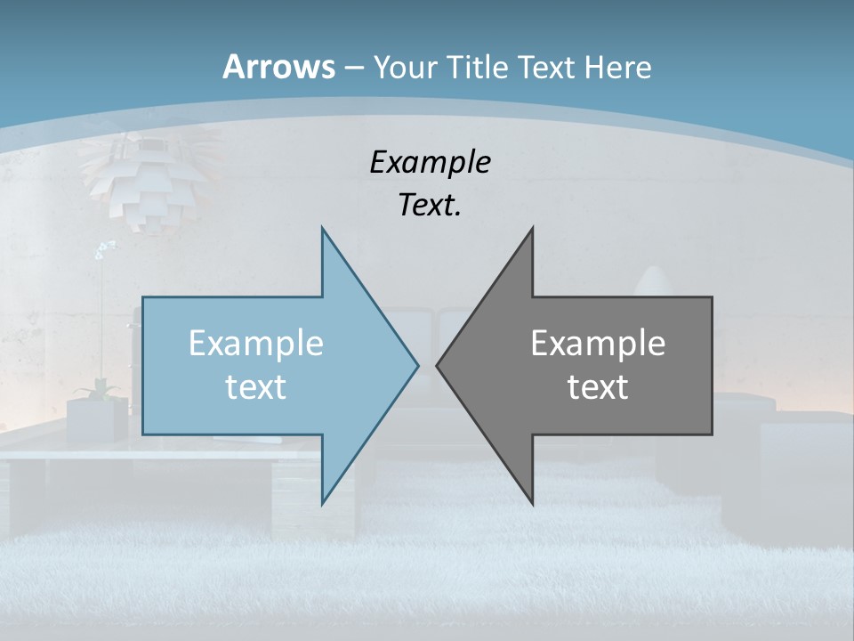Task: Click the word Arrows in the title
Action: [x=278, y=67]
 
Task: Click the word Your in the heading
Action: [x=403, y=67]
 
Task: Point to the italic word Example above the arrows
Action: [x=430, y=162]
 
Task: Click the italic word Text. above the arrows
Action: [x=430, y=205]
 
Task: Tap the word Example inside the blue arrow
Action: [x=255, y=343]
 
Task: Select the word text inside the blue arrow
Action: [x=255, y=386]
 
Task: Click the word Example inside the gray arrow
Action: [x=598, y=343]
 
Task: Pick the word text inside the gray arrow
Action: [x=598, y=386]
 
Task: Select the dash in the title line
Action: [x=353, y=68]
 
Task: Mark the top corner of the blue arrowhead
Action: [x=323, y=229]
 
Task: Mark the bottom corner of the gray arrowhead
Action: [x=532, y=501]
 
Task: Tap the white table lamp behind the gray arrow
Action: [x=654, y=280]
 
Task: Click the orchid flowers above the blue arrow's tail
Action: [x=104, y=249]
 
